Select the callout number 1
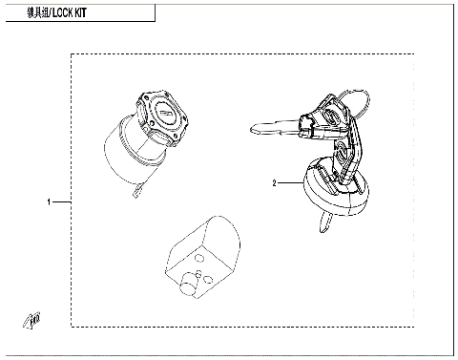[x=49, y=202]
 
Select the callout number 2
[x=274, y=181]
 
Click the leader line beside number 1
[x=62, y=202]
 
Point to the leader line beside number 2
[x=290, y=181]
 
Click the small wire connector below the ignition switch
[x=135, y=194]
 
